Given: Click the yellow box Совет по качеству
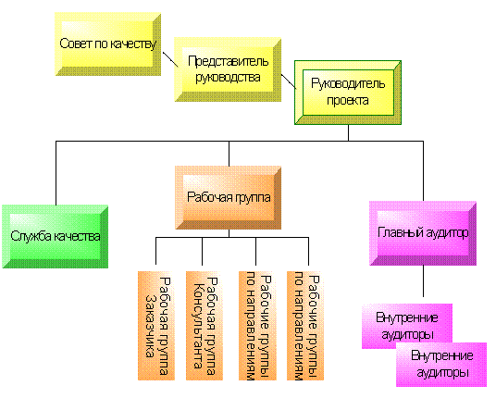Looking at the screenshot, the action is click(108, 44).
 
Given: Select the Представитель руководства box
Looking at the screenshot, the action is click(228, 69).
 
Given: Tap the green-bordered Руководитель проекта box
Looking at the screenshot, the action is click(348, 93).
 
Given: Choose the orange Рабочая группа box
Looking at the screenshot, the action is click(228, 198).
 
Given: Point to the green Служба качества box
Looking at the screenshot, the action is click(55, 236).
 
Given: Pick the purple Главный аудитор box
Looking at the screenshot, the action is click(423, 233).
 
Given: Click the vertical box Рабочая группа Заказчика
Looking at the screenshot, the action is click(156, 326).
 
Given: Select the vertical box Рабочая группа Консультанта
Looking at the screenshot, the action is click(205, 326).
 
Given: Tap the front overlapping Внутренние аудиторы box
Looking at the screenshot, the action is click(441, 365).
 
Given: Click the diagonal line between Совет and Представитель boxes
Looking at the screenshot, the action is click(170, 59).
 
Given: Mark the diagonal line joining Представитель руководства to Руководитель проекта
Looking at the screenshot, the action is click(289, 81).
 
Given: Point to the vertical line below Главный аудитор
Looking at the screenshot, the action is click(423, 281).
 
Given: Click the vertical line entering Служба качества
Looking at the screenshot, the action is click(56, 173).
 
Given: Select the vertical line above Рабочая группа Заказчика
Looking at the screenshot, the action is click(155, 251).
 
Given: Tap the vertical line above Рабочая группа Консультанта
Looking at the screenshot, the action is click(202, 251).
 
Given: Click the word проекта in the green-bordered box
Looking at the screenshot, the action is click(348, 101).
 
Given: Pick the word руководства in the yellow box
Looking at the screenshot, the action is click(228, 78).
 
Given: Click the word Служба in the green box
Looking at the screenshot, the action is click(31, 236).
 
